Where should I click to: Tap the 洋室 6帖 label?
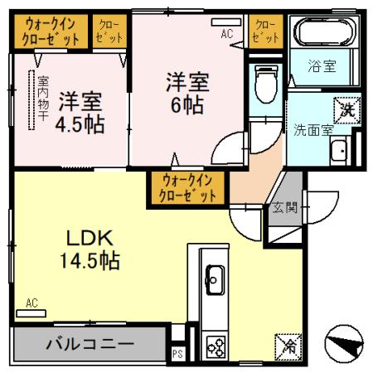(x=186, y=93)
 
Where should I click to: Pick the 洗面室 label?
(x=312, y=128)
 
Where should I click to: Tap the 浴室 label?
(x=322, y=66)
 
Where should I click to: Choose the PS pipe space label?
(x=177, y=352)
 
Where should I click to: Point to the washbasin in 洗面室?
(x=339, y=151)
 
